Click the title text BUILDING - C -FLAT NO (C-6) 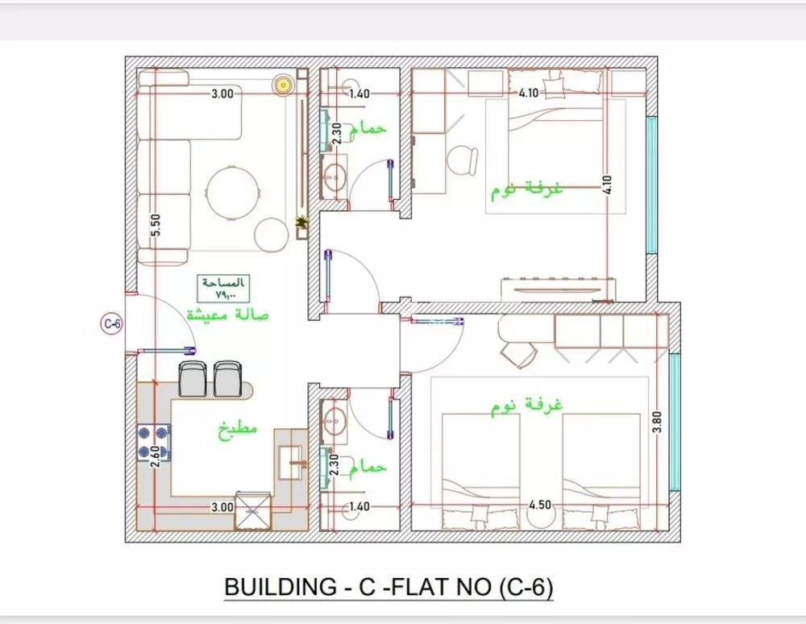click(x=388, y=588)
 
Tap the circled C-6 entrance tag click(x=111, y=324)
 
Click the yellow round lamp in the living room click(x=283, y=84)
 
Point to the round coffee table click(x=234, y=192)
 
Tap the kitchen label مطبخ click(x=237, y=429)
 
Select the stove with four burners click(x=155, y=443)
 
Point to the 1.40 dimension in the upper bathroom click(x=359, y=94)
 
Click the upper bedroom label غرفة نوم click(x=528, y=191)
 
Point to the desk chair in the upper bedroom click(x=463, y=159)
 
